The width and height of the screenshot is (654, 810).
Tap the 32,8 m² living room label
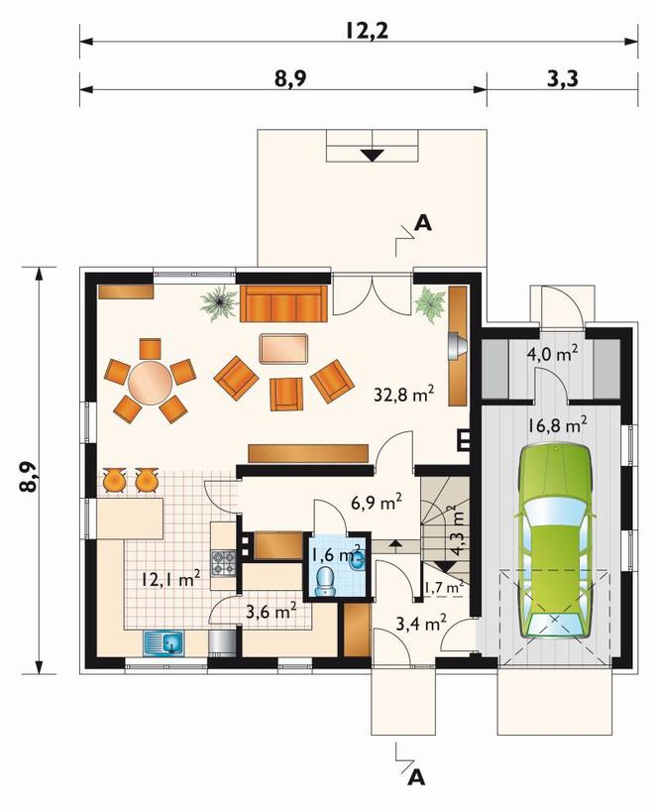(x=403, y=394)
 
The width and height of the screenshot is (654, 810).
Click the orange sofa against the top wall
(x=283, y=303)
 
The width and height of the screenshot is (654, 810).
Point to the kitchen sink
(x=164, y=643)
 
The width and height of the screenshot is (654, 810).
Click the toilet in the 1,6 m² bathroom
(x=325, y=581)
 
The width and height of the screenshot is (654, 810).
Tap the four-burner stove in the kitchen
(x=224, y=563)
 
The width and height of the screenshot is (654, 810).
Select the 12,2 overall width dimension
(x=367, y=31)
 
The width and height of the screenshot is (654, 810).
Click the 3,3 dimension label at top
(x=562, y=79)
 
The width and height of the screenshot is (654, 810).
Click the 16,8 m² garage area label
(x=558, y=425)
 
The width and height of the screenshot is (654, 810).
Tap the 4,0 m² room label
(x=552, y=355)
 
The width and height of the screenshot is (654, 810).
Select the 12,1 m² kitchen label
(x=171, y=579)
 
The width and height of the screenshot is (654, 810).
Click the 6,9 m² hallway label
(x=377, y=502)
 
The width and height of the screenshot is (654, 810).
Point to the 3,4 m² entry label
(x=421, y=624)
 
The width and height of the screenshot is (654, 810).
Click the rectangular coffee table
(x=284, y=349)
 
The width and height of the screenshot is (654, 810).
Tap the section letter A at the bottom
(x=416, y=777)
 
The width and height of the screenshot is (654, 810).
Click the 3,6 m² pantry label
(x=271, y=612)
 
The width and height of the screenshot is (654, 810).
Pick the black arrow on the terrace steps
(x=372, y=155)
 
